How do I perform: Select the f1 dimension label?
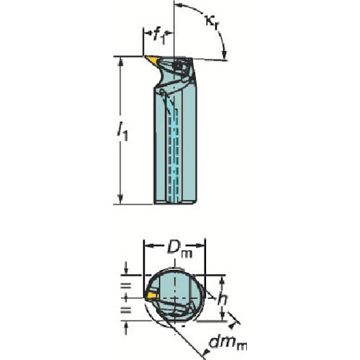159,37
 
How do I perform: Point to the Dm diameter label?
179,250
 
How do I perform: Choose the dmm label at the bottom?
228,343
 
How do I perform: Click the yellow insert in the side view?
152,60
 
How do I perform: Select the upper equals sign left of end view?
126,286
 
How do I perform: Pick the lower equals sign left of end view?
126,310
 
